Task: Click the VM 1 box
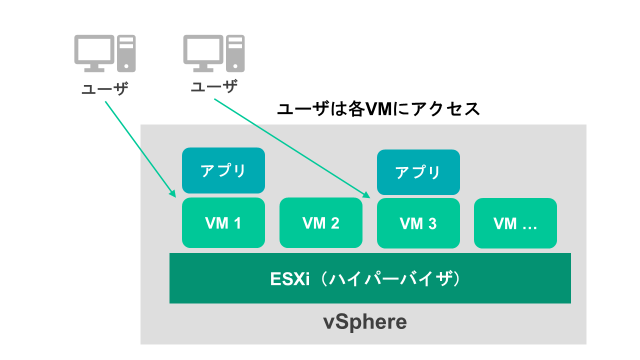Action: click(223, 223)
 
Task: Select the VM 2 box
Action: click(320, 223)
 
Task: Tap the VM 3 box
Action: click(418, 223)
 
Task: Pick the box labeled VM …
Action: click(515, 223)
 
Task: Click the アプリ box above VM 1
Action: click(223, 170)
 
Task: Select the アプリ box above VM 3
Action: click(418, 172)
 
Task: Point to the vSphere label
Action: click(364, 322)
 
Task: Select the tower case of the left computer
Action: click(126, 52)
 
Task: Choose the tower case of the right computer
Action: click(235, 52)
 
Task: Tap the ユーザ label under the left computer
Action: click(105, 89)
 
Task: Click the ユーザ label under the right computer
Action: click(214, 87)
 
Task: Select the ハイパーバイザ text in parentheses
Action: click(388, 278)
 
